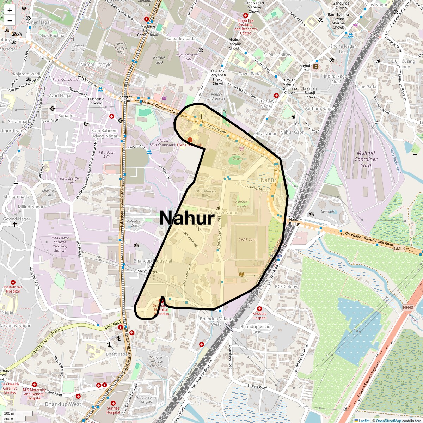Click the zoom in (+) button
click(x=10, y=10)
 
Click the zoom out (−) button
click(x=10, y=21)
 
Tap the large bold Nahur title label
click(x=186, y=218)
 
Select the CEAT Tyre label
click(x=247, y=240)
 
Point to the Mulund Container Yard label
click(x=366, y=159)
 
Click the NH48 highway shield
click(x=407, y=308)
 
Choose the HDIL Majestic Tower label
click(x=206, y=193)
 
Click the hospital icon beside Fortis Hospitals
click(x=190, y=140)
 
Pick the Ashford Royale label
click(x=241, y=204)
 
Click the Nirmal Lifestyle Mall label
click(x=121, y=48)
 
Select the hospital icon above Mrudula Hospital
click(x=259, y=309)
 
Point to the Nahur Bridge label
click(x=294, y=221)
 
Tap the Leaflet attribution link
click(x=364, y=421)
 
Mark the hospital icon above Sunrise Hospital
click(x=113, y=403)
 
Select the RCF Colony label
click(x=286, y=287)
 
